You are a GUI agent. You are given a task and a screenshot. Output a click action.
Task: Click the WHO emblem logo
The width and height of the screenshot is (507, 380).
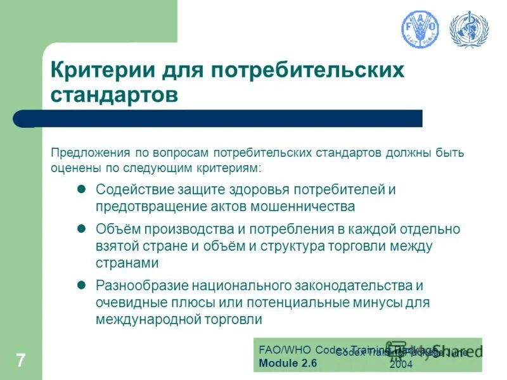tap(469, 29)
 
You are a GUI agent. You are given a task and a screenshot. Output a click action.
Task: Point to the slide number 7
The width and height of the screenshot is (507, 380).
tap(21, 361)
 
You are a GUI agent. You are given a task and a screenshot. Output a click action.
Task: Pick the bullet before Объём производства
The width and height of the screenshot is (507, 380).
tap(80, 228)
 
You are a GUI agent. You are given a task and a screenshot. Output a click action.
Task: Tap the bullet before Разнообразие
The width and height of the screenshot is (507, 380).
tap(80, 285)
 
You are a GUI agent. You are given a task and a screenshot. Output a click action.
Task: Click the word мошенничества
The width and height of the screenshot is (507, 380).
tap(302, 206)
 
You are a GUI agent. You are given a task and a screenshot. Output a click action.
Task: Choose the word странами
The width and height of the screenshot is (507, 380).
tap(126, 262)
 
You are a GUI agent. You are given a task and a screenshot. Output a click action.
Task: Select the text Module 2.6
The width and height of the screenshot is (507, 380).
tap(288, 363)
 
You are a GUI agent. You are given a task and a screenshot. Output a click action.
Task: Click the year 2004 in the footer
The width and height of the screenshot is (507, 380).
tap(401, 365)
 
